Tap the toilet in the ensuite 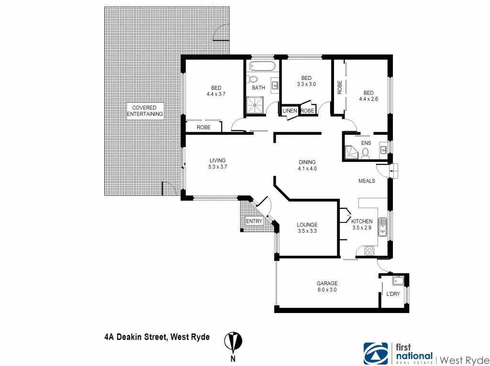[x=366, y=152]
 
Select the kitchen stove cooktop [x=369, y=250]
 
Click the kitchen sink [x=382, y=226]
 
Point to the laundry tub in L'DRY [x=397, y=280]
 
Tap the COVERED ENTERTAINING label [x=145, y=111]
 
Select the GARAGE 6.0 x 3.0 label [x=327, y=286]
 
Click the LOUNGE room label [x=307, y=228]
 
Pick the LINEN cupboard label [x=290, y=111]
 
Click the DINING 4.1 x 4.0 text [x=307, y=165]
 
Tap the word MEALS [x=367, y=181]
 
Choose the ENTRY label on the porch [x=254, y=221]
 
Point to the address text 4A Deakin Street [x=156, y=337]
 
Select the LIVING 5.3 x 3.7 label [x=217, y=163]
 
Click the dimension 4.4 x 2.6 [x=368, y=99]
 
